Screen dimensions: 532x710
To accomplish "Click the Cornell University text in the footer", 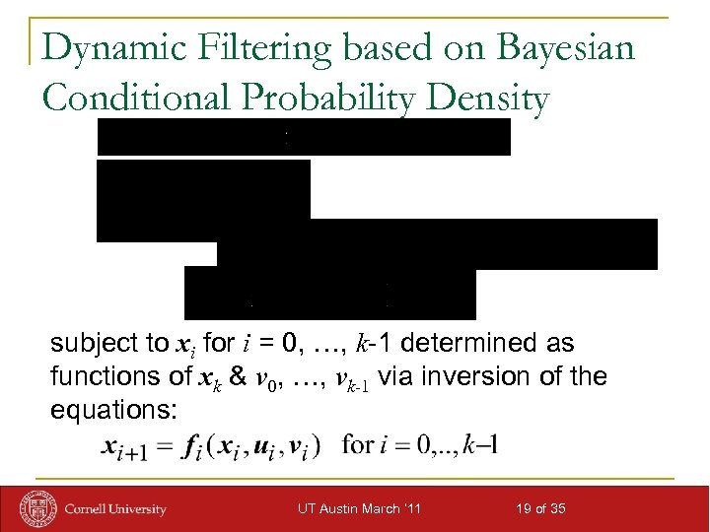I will coord(115,509).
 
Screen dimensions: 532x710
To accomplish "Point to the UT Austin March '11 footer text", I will coord(360,508).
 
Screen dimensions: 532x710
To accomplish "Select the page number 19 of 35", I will coord(539,508).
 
